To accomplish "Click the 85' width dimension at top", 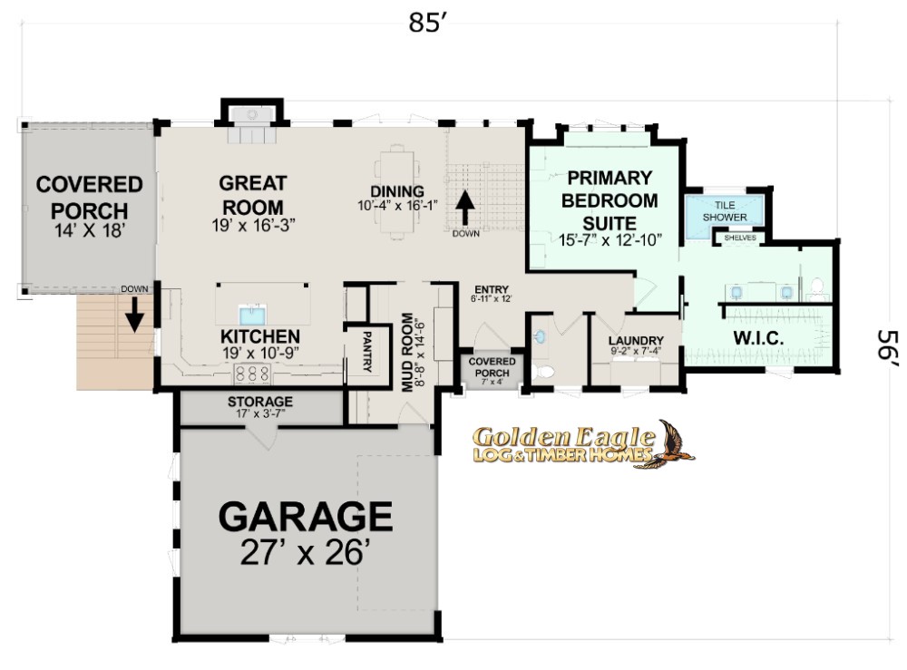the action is pos(429,24).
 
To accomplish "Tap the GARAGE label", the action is pos(306,516).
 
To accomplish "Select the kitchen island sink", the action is pos(252,316).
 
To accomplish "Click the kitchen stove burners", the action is pos(252,373).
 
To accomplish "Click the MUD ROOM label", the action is pos(408,352).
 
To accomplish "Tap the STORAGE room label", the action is pos(259,402).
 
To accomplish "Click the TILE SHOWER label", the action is pos(724,211).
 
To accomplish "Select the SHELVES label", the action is pos(740,238).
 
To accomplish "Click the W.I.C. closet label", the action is pos(758,338).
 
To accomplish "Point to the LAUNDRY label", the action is pos(636,341).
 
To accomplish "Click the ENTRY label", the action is pos(491,289).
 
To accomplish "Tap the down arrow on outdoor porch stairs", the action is pos(134,315).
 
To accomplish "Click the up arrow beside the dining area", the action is pos(465,209).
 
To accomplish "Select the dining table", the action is pos(397,191).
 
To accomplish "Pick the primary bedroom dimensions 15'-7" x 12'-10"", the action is pos(610,240).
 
